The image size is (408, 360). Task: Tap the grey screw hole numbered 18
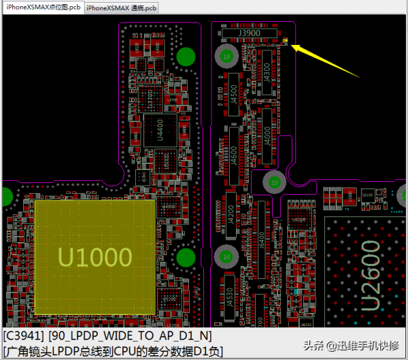(x=227, y=56)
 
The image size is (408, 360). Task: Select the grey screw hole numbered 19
(x=274, y=182)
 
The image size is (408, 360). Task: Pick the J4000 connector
(x=267, y=129)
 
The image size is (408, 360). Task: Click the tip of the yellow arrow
(x=293, y=46)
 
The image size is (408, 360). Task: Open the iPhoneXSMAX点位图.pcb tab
(x=42, y=7)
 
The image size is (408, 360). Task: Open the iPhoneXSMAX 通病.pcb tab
(x=122, y=7)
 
